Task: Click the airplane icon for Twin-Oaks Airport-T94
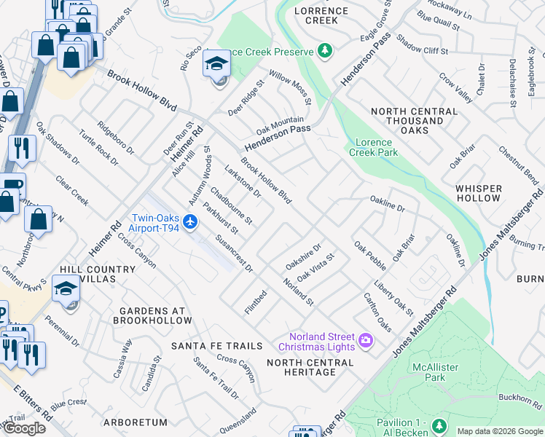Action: [191, 221]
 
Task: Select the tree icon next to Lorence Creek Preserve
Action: [325, 51]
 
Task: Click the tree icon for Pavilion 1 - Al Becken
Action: [439, 425]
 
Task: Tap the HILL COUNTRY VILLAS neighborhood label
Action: [99, 274]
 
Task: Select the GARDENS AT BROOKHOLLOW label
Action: [151, 315]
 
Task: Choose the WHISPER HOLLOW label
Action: [478, 193]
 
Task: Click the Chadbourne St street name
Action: [231, 205]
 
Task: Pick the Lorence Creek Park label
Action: [373, 147]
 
